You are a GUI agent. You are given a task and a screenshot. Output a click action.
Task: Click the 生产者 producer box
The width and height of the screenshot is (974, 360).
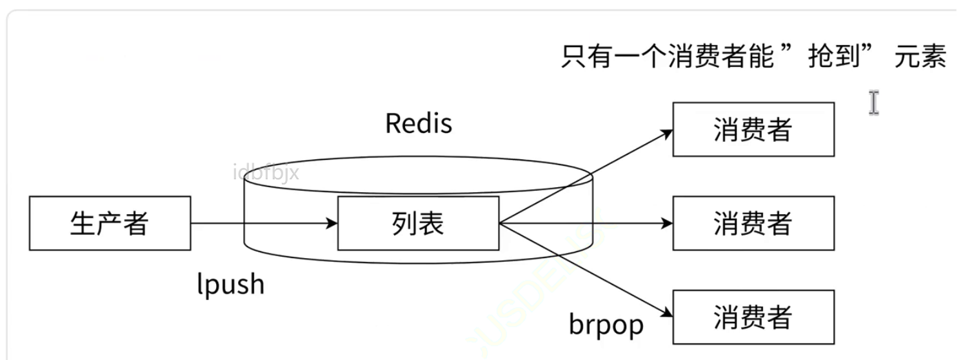click(110, 223)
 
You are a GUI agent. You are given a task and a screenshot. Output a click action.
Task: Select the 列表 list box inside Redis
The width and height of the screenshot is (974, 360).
click(418, 223)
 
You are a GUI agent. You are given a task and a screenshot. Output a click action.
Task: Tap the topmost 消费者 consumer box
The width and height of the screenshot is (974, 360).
click(753, 130)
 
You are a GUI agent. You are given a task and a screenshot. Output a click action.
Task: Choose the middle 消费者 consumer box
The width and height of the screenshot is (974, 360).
click(753, 223)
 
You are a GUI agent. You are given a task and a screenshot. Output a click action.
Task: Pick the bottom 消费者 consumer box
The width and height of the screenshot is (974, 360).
click(753, 317)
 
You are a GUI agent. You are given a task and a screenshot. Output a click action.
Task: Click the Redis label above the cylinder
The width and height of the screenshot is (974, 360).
click(419, 123)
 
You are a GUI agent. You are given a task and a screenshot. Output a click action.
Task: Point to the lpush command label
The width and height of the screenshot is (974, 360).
click(230, 284)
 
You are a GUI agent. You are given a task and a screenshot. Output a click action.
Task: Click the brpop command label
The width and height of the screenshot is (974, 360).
click(606, 324)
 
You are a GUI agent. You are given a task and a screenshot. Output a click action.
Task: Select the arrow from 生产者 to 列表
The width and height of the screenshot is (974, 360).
click(264, 223)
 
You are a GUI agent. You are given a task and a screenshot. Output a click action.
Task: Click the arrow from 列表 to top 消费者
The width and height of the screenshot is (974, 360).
click(584, 176)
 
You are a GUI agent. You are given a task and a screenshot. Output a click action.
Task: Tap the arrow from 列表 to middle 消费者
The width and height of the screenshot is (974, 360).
click(584, 223)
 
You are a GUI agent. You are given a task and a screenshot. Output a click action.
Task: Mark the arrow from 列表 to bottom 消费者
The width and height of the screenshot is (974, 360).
click(584, 270)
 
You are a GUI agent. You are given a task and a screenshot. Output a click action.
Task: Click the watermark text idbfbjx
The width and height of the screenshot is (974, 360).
click(266, 172)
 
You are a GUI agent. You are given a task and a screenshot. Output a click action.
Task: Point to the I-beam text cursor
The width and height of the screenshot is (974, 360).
click(873, 103)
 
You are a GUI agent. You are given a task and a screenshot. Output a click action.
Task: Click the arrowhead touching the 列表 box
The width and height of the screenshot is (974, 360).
click(332, 223)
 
